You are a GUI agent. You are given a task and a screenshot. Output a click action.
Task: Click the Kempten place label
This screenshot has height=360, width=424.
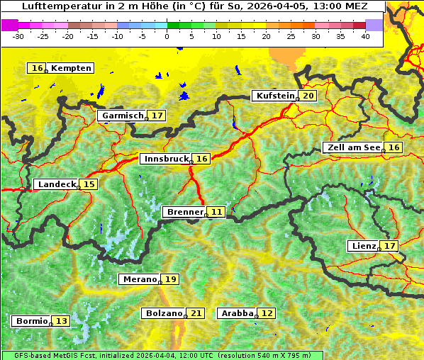tap(71, 68)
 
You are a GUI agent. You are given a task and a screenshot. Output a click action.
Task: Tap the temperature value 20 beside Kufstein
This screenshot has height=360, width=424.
tap(308, 96)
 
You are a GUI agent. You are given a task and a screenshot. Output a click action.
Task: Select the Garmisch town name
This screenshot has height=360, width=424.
tap(123, 115)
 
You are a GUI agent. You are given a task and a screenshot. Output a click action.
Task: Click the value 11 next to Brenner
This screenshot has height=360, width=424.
tap(216, 211)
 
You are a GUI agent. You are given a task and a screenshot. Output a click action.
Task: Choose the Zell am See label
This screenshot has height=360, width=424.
tap(352, 147)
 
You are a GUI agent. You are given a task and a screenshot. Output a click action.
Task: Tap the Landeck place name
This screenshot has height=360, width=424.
tap(57, 184)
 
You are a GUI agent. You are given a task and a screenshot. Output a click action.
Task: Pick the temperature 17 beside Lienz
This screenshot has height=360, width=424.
tap(389, 246)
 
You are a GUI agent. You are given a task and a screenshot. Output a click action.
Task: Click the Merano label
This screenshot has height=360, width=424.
tap(139, 279)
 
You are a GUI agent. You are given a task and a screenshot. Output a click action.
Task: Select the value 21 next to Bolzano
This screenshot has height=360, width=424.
tap(196, 313)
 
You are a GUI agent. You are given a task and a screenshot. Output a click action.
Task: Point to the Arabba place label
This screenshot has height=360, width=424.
tap(237, 313)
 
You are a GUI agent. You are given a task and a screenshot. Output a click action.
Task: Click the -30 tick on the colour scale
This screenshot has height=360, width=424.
tap(18, 36)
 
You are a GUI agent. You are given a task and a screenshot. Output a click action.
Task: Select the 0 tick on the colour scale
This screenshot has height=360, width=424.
tap(167, 36)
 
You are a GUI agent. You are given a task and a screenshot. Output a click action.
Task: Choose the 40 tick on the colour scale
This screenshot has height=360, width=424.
tap(365, 36)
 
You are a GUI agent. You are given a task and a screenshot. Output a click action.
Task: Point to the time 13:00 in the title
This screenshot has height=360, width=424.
tap(332, 6)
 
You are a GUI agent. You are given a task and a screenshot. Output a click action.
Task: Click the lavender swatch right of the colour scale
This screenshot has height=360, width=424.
tap(374, 25)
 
